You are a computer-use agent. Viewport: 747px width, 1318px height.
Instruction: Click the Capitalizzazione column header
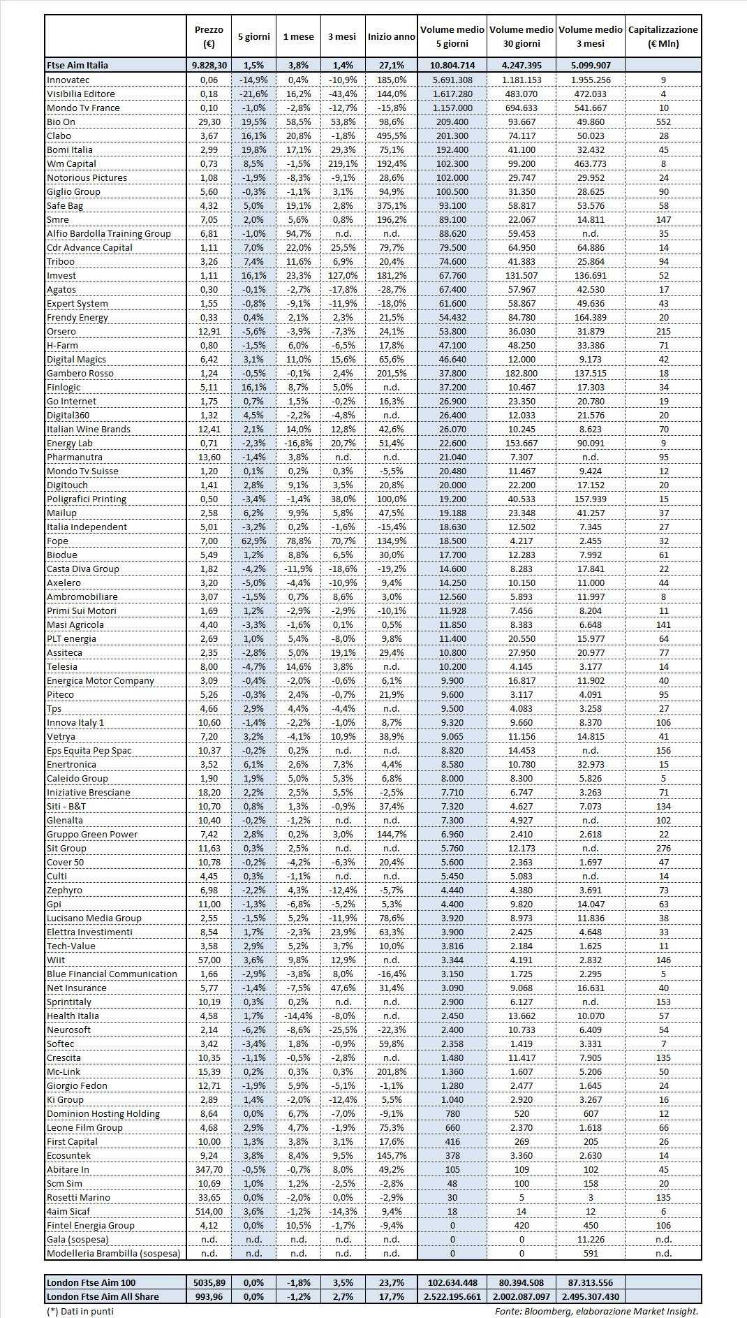click(663, 36)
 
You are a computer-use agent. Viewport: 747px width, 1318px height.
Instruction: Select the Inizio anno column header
click(391, 36)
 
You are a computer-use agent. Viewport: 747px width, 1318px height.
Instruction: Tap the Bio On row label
click(61, 122)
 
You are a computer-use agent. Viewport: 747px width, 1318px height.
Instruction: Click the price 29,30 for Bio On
click(209, 122)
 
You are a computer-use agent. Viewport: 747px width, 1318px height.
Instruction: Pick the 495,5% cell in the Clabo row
click(391, 136)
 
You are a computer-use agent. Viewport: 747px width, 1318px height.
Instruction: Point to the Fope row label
click(57, 541)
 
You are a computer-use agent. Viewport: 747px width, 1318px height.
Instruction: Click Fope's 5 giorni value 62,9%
click(253, 541)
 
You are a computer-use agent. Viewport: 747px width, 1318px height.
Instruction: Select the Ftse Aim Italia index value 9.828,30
click(209, 65)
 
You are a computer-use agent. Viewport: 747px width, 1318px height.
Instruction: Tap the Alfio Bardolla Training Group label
click(108, 233)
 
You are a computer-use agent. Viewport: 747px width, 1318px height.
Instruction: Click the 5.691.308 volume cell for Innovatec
click(452, 80)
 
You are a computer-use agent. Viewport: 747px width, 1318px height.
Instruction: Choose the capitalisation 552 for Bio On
click(663, 122)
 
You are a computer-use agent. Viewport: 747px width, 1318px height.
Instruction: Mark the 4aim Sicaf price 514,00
click(209, 1211)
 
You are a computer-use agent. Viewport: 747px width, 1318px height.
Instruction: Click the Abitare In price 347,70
click(209, 1169)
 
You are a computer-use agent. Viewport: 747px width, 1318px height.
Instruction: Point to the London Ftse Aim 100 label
click(91, 1282)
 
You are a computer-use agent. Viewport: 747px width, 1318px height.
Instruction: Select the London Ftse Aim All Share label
click(103, 1296)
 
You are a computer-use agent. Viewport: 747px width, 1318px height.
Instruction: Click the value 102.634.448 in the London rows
click(452, 1282)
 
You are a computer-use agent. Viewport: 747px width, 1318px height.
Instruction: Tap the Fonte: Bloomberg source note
click(596, 1311)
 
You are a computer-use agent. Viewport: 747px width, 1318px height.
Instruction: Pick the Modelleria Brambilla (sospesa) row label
click(113, 1253)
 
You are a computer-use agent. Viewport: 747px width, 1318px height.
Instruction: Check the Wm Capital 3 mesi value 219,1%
click(342, 163)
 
